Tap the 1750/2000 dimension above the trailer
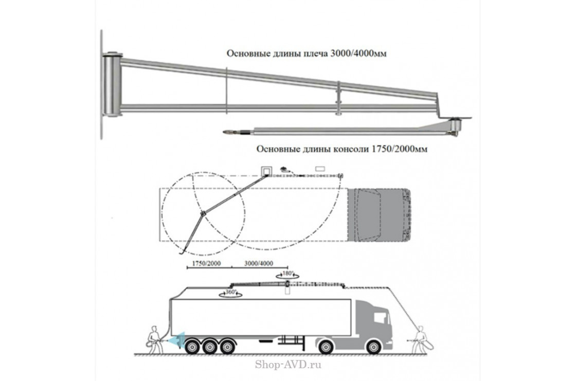[203, 263]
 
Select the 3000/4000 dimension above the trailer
[259, 263]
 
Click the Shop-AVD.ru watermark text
[288, 366]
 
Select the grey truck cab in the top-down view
[381, 214]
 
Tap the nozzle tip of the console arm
[227, 133]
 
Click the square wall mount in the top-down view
[266, 170]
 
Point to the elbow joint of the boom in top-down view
[202, 213]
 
